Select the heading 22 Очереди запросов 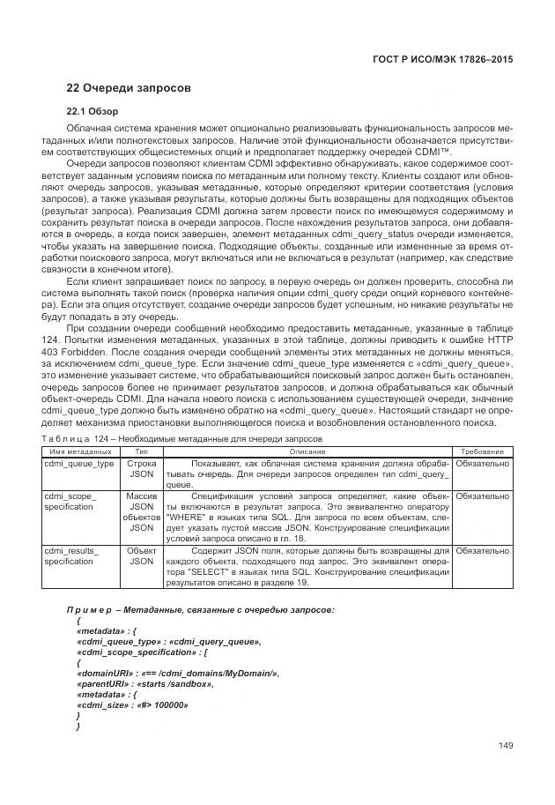[x=129, y=88]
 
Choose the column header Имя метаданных [x=79, y=450]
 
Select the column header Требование [x=482, y=450]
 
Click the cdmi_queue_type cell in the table [x=79, y=462]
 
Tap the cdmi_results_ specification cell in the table [x=71, y=555]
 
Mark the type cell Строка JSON [x=141, y=467]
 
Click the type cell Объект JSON [x=141, y=555]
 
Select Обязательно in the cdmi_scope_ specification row [x=482, y=496]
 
